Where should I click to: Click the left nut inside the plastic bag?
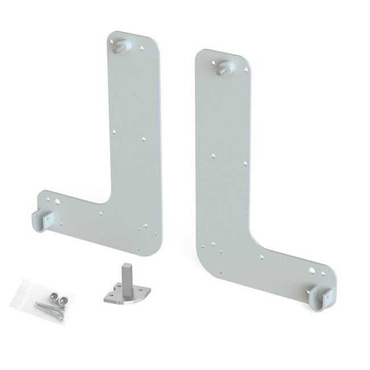[51, 296]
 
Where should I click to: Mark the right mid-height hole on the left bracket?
[144, 138]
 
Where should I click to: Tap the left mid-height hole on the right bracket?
[212, 154]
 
